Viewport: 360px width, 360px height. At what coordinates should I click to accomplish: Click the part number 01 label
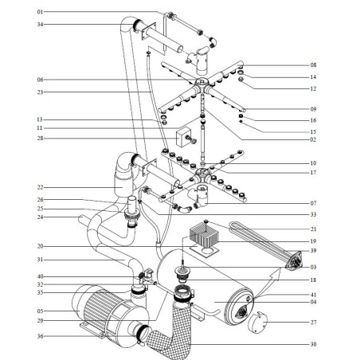(41, 13)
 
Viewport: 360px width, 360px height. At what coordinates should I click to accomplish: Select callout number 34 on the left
(41, 25)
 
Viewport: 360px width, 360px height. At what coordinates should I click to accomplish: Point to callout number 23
(41, 92)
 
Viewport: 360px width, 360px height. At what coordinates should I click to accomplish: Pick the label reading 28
(41, 137)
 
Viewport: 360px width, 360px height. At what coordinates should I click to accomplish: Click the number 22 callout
(41, 188)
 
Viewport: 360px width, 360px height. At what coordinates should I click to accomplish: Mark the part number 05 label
(41, 310)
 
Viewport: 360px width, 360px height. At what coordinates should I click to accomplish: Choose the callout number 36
(41, 335)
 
